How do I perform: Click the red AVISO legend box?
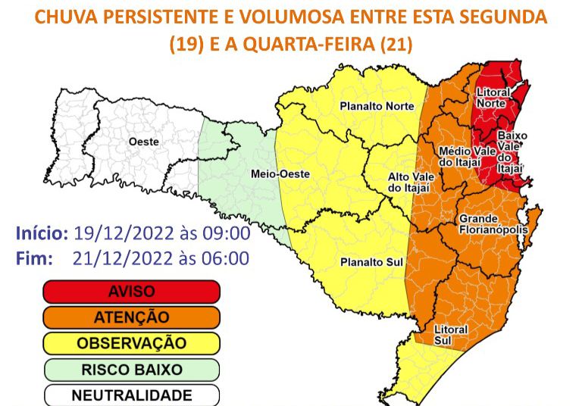(x=131, y=292)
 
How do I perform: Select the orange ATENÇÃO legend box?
(x=131, y=317)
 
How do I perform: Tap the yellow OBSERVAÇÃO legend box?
(x=131, y=343)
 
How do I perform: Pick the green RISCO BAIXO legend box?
(x=131, y=370)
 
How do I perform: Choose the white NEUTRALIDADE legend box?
(x=131, y=395)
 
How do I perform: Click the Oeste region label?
(x=143, y=142)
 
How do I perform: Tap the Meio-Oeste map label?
(x=280, y=173)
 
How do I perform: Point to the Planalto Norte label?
(x=377, y=105)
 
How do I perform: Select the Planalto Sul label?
(x=371, y=261)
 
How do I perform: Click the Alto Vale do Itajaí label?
(x=388, y=182)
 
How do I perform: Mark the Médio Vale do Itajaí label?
(x=468, y=157)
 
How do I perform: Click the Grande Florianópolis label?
(x=489, y=224)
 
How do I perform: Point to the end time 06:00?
(x=227, y=258)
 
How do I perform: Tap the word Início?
(x=42, y=233)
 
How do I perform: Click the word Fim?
(x=35, y=258)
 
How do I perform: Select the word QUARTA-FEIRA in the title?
(x=311, y=45)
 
